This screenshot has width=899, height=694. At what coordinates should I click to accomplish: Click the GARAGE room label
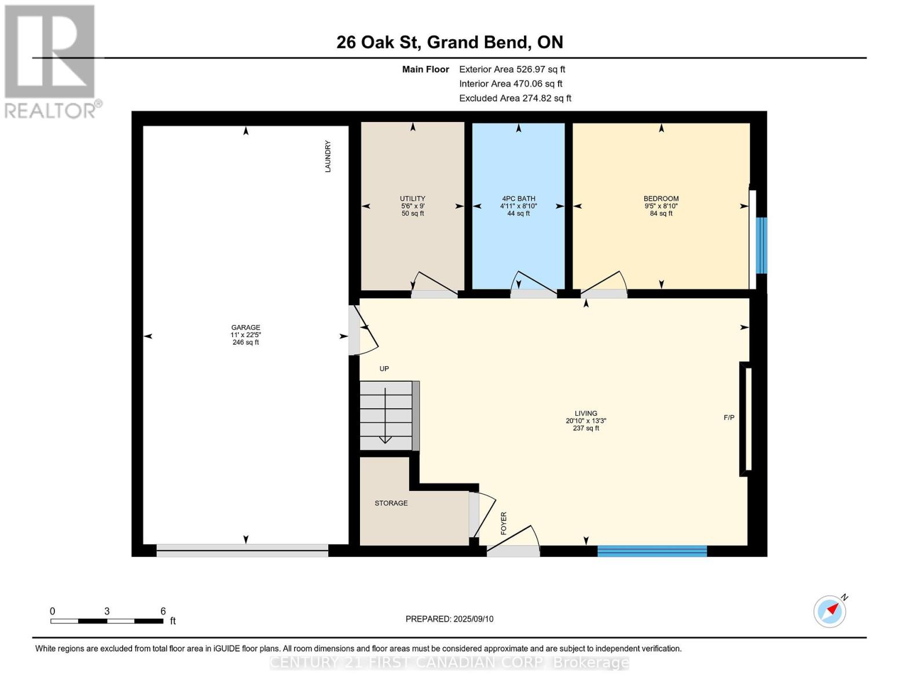(245, 327)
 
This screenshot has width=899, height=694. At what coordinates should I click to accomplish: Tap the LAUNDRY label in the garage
(328, 156)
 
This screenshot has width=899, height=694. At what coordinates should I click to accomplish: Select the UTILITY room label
(412, 198)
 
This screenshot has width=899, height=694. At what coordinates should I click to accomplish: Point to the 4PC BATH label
(518, 198)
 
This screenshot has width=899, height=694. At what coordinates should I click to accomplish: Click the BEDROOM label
(661, 198)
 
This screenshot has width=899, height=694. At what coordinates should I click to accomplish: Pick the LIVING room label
(585, 413)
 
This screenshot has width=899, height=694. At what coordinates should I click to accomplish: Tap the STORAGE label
(391, 503)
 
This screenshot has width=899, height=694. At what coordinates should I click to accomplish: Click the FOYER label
(504, 523)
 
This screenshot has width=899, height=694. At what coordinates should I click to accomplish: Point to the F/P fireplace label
(729, 418)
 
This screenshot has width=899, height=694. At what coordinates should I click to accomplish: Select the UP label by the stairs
(384, 369)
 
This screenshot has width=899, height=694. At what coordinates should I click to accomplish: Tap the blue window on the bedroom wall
(761, 246)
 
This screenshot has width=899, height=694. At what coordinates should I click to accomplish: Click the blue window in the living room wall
(652, 551)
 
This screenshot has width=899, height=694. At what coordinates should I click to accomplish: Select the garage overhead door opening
(242, 551)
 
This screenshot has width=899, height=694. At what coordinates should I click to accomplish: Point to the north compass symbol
(830, 611)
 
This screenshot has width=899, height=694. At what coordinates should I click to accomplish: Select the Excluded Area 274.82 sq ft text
(515, 98)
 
